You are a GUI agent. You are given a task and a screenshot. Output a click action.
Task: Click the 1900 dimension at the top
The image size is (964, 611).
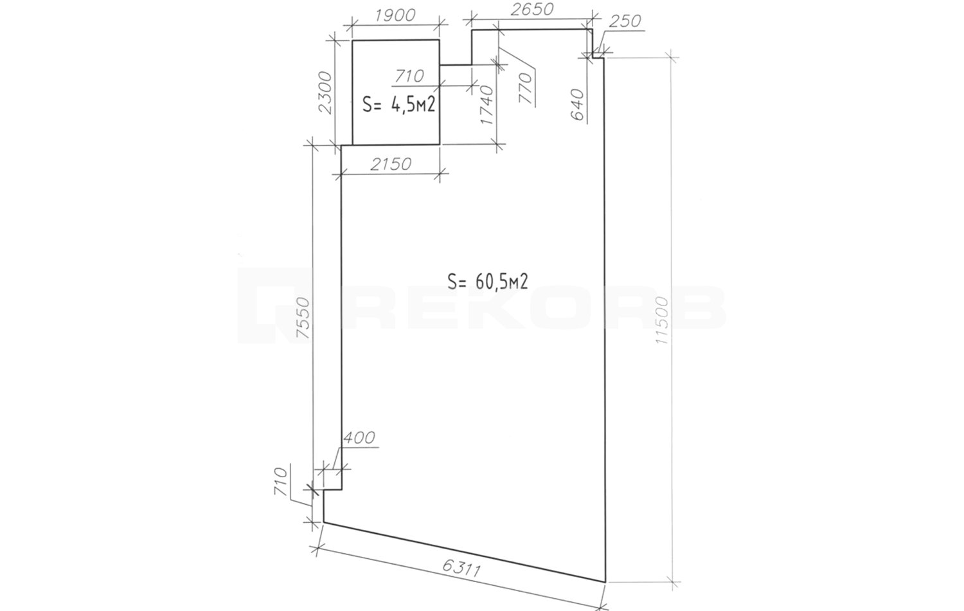pyautogui.click(x=395, y=16)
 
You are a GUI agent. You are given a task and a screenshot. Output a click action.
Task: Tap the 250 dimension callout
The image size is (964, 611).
pyautogui.click(x=625, y=21)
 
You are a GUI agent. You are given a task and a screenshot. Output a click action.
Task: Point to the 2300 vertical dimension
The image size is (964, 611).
pyautogui.click(x=326, y=93)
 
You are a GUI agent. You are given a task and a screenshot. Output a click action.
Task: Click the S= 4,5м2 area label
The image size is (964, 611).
pyautogui.click(x=399, y=105)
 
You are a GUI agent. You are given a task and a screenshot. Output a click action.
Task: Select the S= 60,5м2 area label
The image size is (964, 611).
pyautogui.click(x=488, y=282)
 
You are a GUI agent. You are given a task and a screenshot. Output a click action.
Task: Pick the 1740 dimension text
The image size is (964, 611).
pyautogui.click(x=487, y=105)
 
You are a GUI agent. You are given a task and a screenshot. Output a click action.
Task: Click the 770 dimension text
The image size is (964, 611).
pyautogui.click(x=526, y=88)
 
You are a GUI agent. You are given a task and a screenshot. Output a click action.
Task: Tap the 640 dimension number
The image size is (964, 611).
pyautogui.click(x=578, y=105)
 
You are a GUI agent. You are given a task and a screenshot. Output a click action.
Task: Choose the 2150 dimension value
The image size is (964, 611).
pyautogui.click(x=391, y=164)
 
